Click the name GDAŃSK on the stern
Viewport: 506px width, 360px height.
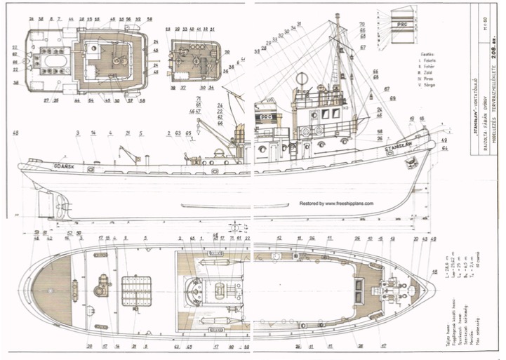(65, 166)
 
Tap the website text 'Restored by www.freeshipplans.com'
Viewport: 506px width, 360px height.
(336, 203)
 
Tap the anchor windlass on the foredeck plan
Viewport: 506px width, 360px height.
(388, 288)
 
